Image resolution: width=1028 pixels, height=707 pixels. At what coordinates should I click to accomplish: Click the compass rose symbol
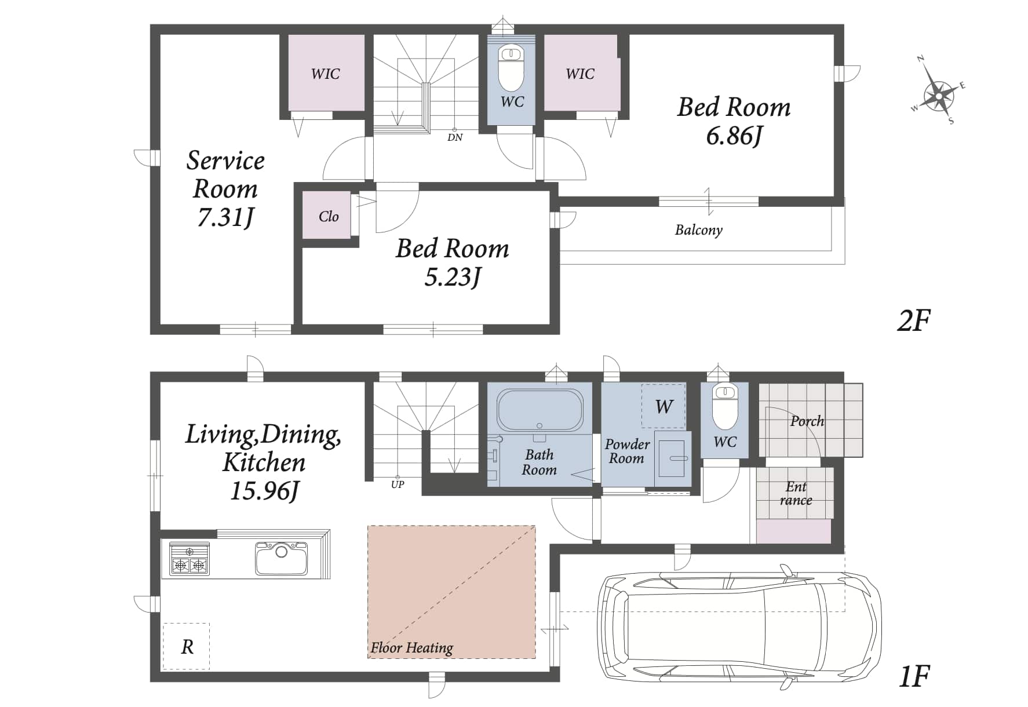(x=939, y=91)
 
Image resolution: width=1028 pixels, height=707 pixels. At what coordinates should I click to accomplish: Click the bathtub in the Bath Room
(x=539, y=410)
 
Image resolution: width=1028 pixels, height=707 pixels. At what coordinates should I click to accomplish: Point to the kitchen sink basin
(x=282, y=558)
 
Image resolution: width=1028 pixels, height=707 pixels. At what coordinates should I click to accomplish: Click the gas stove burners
(x=189, y=559)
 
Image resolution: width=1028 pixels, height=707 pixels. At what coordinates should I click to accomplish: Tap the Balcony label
(x=699, y=230)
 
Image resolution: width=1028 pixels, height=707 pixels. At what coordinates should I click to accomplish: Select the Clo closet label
(x=329, y=217)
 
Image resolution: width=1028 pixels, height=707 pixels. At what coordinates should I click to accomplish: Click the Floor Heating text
(x=412, y=647)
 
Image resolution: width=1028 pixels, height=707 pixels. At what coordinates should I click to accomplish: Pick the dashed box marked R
(x=186, y=646)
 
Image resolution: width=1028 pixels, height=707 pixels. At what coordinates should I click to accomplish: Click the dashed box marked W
(x=664, y=406)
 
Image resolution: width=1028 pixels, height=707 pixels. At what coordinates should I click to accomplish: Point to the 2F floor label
(x=914, y=320)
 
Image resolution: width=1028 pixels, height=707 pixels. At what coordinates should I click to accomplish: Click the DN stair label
(x=455, y=138)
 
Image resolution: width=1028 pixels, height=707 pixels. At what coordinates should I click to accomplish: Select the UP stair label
(x=398, y=484)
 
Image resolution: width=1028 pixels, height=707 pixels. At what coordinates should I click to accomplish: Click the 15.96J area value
(x=264, y=491)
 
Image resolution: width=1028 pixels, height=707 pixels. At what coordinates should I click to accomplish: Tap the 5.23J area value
(x=453, y=278)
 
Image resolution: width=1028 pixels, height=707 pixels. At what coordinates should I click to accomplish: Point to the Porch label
(x=807, y=421)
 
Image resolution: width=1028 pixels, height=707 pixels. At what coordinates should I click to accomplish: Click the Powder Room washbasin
(x=673, y=459)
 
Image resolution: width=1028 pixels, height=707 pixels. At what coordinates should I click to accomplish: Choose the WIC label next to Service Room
(x=325, y=74)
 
